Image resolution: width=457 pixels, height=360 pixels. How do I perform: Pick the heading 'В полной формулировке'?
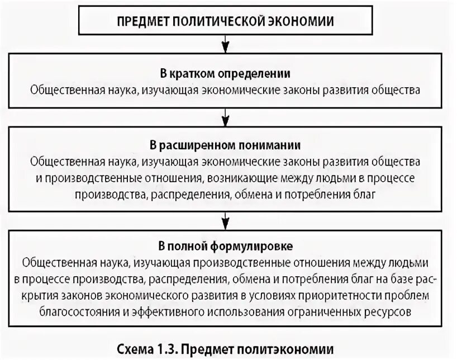(x=225, y=246)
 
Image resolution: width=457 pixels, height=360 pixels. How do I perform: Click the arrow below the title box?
(x=225, y=44)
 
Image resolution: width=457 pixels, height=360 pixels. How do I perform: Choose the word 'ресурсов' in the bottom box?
(x=392, y=311)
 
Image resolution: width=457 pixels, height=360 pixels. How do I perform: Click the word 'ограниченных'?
(x=319, y=311)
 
